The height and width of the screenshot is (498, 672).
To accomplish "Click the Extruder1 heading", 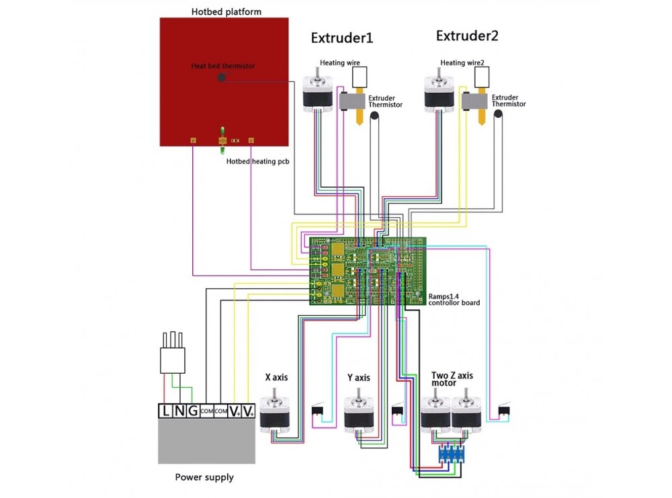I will [x=341, y=38].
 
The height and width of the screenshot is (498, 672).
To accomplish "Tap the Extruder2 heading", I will [x=467, y=36].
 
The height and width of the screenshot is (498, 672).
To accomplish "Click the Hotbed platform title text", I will [x=226, y=11].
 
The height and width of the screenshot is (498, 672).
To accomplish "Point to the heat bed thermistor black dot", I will [x=221, y=78].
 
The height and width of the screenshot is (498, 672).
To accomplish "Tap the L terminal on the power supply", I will [x=165, y=411].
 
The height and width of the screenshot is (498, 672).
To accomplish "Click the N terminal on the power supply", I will [x=179, y=411].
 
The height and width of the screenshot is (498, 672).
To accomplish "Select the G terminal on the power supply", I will [x=192, y=411].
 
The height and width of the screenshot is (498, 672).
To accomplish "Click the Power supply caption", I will [x=204, y=477].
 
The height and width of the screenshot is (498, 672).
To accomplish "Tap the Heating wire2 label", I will [x=462, y=63].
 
